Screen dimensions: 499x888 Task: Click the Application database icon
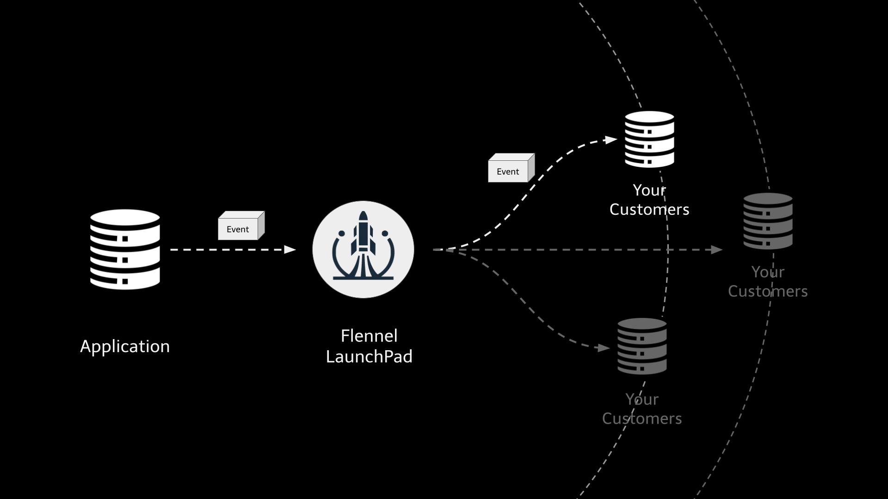[125, 249]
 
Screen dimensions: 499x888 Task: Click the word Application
[125, 347]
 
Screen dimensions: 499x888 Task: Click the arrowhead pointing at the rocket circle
[290, 249]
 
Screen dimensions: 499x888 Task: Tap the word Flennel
[369, 336]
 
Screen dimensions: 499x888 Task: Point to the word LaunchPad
[369, 356]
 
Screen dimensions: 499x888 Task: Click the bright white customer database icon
[649, 139]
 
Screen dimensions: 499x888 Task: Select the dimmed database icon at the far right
[768, 221]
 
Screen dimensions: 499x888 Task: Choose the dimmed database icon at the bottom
[642, 346]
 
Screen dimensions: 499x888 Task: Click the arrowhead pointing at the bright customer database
[611, 140]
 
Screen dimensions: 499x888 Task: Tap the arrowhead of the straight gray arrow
[717, 249]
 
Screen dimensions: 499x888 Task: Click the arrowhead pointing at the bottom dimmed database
[604, 348]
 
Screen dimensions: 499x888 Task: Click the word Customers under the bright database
[649, 209]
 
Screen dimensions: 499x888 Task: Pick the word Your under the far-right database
[768, 272]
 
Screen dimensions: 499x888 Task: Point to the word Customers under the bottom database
[641, 419]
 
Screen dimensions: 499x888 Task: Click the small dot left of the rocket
[341, 233]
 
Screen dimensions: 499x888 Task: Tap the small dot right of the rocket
[385, 233]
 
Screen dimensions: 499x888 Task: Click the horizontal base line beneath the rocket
[363, 278]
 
